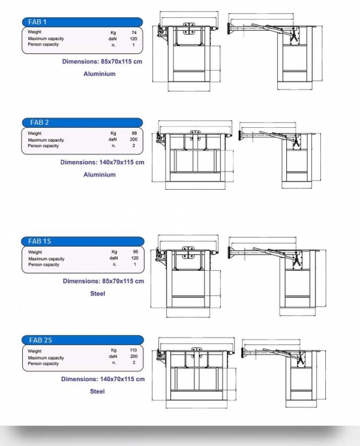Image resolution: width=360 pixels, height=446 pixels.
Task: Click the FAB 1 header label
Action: pyautogui.click(x=37, y=22)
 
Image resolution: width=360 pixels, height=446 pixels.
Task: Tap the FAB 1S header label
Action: pyautogui.click(x=40, y=241)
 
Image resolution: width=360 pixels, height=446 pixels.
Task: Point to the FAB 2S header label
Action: pyautogui.click(x=40, y=340)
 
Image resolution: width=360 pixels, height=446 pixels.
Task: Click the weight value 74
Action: pyautogui.click(x=134, y=32)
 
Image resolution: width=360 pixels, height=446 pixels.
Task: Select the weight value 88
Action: pyautogui.click(x=134, y=133)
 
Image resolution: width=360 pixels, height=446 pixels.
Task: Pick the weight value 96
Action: pyautogui.click(x=134, y=252)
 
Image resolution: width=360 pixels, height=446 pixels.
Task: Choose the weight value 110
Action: pyautogui.click(x=134, y=351)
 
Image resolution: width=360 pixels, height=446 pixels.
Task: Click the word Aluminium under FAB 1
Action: pyautogui.click(x=99, y=74)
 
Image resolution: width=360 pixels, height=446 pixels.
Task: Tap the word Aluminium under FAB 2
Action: pyautogui.click(x=99, y=175)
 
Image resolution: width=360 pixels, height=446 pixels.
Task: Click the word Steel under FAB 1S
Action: pyautogui.click(x=97, y=294)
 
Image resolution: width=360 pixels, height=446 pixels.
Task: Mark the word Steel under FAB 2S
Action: pyautogui.click(x=97, y=391)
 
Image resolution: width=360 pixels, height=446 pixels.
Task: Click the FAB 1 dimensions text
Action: pyautogui.click(x=103, y=62)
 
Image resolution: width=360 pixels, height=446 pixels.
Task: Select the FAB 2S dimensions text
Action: pyautogui.click(x=103, y=379)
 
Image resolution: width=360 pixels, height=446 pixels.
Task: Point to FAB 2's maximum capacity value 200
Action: pyautogui.click(x=134, y=140)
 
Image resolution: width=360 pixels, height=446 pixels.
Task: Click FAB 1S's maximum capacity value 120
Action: pyautogui.click(x=134, y=259)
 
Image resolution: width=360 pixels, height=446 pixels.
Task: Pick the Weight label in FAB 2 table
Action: pyautogui.click(x=35, y=133)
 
